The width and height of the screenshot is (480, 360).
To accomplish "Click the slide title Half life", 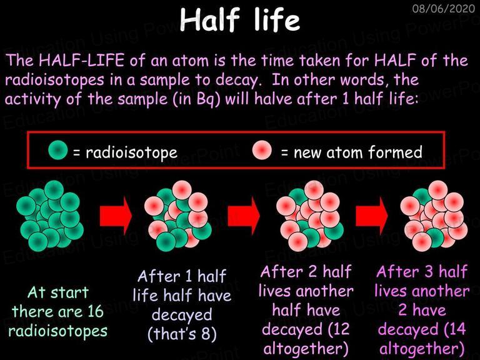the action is (240, 19).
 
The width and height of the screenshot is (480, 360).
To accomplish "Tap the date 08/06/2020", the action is (443, 8).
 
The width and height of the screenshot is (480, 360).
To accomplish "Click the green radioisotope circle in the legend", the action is (58, 150).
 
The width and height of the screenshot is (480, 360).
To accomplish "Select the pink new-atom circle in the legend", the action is (262, 150).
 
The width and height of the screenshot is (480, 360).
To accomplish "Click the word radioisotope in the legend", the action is (132, 152).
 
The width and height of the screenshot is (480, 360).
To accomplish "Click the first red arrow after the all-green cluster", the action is (116, 216).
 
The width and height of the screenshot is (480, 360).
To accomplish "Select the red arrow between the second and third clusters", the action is (244, 216).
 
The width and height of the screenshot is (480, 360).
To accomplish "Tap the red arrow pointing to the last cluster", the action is (372, 216).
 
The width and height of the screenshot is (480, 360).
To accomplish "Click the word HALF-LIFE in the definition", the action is (81, 60).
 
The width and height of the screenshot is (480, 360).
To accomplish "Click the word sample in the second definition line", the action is (165, 80).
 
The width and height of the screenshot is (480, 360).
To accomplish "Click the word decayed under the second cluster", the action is (182, 315).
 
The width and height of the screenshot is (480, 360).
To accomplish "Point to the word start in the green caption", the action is (69, 292).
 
